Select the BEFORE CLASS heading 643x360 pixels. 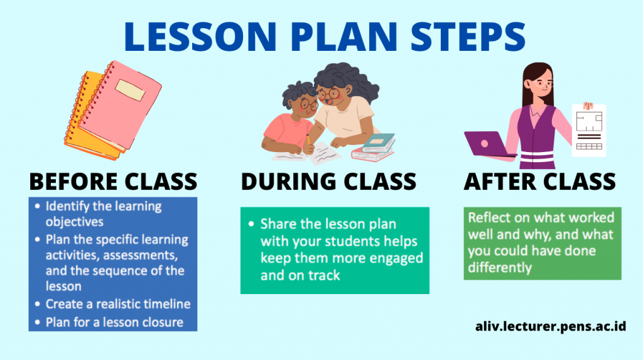click(x=113, y=182)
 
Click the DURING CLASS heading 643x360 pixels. click(x=328, y=182)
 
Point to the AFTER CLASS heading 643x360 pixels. click(x=539, y=182)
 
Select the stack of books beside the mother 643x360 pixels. click(x=376, y=148)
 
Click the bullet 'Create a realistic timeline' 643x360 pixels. click(x=118, y=304)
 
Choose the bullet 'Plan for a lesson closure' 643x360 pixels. click(x=114, y=322)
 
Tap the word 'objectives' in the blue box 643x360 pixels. click(x=74, y=222)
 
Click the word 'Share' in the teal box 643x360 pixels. click(x=276, y=224)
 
